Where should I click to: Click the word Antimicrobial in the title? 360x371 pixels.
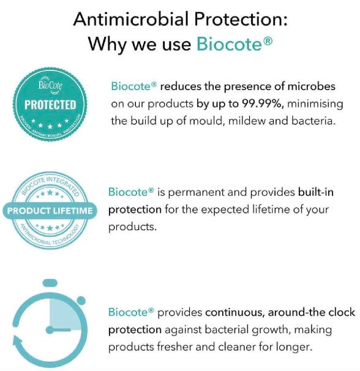(x=130, y=19)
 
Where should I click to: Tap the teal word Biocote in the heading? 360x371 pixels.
(x=229, y=43)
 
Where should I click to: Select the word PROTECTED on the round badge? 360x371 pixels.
(x=50, y=105)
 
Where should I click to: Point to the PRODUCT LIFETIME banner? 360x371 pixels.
(x=50, y=211)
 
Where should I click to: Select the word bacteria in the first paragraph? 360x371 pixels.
(x=313, y=121)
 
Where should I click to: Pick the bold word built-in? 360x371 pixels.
(x=316, y=192)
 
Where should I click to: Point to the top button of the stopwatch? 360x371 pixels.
(x=50, y=283)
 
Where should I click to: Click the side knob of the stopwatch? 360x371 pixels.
(x=81, y=301)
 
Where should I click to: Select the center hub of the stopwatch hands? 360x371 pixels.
(x=50, y=330)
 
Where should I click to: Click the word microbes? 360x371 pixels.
(x=311, y=86)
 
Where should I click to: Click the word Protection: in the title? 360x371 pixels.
(x=241, y=19)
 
